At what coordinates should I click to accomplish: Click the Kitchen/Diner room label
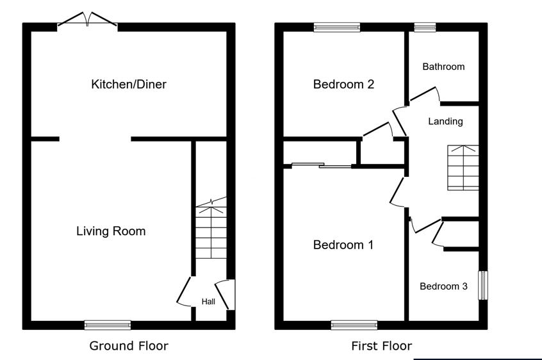[129, 85]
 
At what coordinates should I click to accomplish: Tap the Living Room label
[111, 231]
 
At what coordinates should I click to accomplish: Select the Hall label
[208, 302]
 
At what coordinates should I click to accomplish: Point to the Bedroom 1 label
[343, 245]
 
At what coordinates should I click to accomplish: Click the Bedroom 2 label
[343, 85]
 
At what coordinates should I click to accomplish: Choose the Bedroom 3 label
[443, 286]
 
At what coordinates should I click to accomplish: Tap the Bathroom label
[443, 67]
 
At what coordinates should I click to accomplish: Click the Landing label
[445, 122]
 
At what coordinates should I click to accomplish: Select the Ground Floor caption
[129, 346]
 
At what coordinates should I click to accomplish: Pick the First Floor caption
[382, 346]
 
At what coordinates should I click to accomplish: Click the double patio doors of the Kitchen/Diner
[88, 20]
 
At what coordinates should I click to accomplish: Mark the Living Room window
[108, 325]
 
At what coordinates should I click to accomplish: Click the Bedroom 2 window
[337, 28]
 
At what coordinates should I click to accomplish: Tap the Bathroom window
[425, 28]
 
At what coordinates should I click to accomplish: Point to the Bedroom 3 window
[483, 286]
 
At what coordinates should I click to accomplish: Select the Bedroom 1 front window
[354, 325]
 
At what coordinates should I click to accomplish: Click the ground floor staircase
[211, 228]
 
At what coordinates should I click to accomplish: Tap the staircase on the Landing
[463, 168]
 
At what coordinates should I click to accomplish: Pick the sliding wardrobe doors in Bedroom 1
[322, 165]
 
